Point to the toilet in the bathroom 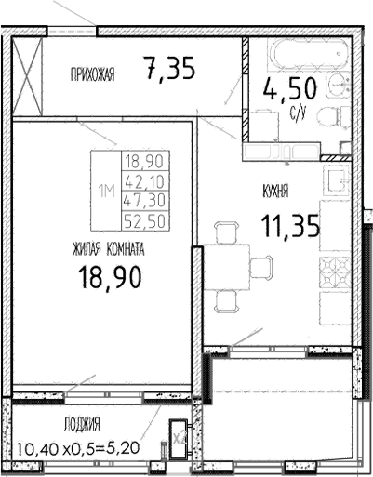pyautogui.click(x=326, y=119)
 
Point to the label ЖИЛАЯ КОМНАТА pyautogui.click(x=107, y=249)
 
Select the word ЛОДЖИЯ pyautogui.click(x=82, y=424)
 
